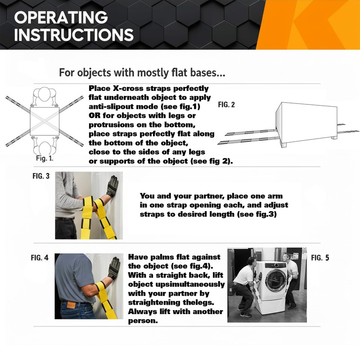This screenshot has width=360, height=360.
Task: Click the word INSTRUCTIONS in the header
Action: point(74,35)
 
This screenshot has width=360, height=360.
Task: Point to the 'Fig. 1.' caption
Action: point(45,158)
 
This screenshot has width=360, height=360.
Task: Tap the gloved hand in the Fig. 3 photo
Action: point(112,185)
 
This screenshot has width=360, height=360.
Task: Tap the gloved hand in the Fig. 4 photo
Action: point(113,268)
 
